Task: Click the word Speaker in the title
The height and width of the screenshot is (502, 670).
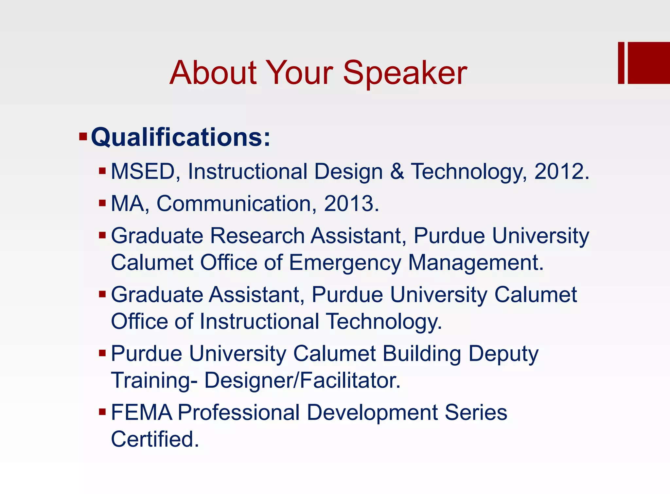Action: point(405,73)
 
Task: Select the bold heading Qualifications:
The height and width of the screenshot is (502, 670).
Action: point(181,137)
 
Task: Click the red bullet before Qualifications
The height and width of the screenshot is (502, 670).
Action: point(83,136)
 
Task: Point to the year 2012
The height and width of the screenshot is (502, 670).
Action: point(561,172)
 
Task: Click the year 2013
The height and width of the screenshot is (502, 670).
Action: point(351,204)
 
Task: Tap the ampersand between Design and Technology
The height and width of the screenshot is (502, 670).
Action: point(397,172)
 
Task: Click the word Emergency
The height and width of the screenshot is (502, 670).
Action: point(345,263)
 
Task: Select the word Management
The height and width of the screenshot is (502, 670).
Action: point(476,263)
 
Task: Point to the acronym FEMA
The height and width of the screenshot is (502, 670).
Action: point(141,412)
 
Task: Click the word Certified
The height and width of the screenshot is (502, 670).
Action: point(155,439)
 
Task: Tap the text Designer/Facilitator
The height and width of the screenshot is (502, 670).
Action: point(302,380)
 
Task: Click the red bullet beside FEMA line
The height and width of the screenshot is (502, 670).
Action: point(102,411)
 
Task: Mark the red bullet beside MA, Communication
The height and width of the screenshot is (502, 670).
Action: point(102,203)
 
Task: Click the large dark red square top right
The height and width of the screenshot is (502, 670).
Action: point(649,63)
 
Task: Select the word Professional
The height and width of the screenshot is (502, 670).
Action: point(238,412)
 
